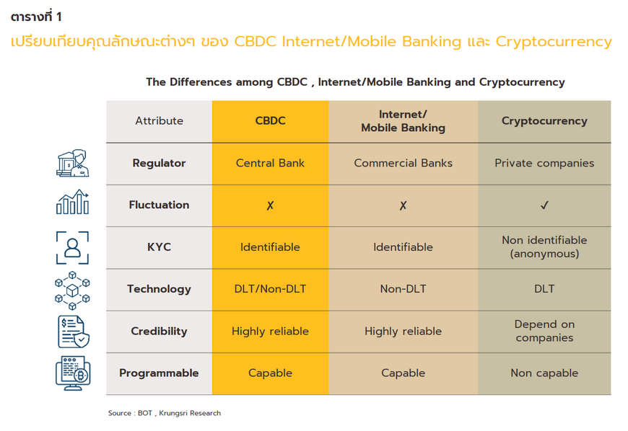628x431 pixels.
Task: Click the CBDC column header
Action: click(271, 121)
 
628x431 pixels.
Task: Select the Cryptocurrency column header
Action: click(544, 121)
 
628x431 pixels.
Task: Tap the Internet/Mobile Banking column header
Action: click(403, 121)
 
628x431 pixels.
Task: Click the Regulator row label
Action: click(159, 163)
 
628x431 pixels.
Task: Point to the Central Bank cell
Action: click(270, 163)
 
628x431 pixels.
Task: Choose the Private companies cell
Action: click(544, 164)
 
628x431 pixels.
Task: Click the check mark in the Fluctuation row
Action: click(544, 205)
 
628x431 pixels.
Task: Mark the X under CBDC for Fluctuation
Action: click(271, 205)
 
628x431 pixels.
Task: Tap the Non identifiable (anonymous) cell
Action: click(544, 246)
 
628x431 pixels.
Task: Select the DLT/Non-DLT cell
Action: click(270, 289)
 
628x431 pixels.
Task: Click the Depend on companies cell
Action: click(544, 331)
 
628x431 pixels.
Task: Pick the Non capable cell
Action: click(544, 373)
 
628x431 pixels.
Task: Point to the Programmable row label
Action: click(159, 373)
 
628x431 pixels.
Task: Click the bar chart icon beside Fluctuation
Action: click(72, 202)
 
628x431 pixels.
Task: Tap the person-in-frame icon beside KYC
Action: click(72, 247)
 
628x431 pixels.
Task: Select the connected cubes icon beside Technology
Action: click(72, 290)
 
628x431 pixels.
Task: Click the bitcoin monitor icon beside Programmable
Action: click(73, 373)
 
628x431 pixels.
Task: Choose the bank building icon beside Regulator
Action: click(72, 163)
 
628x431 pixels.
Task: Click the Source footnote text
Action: click(164, 413)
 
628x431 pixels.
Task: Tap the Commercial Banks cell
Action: click(403, 163)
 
